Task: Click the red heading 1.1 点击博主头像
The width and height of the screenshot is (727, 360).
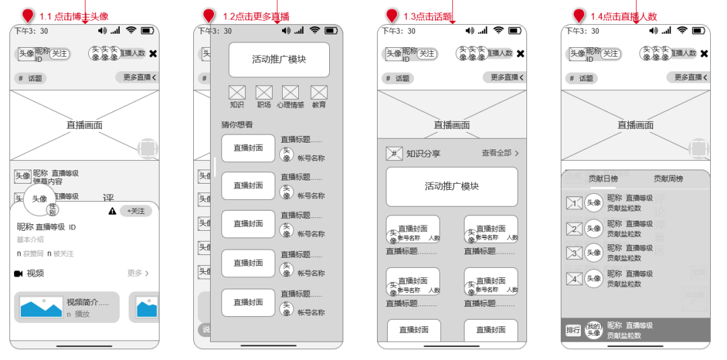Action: coord(73,16)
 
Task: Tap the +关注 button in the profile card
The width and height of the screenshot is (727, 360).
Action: coord(135,211)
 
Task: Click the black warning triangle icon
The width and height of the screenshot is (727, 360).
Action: coord(112,211)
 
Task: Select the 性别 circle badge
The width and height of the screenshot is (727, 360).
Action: coord(53,210)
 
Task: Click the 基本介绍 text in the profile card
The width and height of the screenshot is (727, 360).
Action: coord(30,240)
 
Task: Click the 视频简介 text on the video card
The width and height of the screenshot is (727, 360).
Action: coord(88,302)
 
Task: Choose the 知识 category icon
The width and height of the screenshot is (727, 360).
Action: coord(237,93)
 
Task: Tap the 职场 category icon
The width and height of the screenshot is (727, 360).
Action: coord(264,93)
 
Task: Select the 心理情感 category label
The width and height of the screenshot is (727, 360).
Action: coord(290,105)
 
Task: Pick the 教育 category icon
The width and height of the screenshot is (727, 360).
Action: coord(319,93)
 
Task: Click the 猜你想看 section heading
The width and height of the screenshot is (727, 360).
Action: coord(237,124)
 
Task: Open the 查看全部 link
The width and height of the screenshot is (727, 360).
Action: coord(500,153)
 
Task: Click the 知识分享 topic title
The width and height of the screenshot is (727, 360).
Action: coord(423,153)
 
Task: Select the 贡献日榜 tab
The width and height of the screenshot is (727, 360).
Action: coord(603,178)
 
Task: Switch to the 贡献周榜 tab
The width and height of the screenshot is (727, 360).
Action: coord(668,178)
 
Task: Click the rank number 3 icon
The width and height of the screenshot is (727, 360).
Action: coord(574,254)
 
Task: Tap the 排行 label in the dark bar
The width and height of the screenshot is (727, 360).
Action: coord(573,330)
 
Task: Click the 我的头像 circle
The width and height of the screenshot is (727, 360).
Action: coord(593,330)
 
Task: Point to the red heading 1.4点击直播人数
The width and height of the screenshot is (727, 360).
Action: coord(623,16)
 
